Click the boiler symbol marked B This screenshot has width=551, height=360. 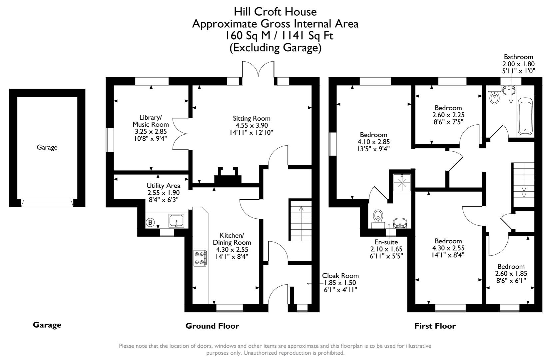[151, 222]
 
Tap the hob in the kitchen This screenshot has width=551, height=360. [201, 258]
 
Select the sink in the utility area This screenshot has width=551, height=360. [176, 221]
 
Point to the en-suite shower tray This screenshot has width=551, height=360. [402, 182]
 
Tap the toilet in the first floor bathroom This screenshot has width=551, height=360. [495, 97]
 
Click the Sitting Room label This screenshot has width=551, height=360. [252, 118]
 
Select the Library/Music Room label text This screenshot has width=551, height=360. [151, 121]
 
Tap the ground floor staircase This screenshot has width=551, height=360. [300, 220]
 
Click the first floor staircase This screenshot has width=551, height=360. [523, 180]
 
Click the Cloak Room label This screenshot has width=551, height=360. [340, 276]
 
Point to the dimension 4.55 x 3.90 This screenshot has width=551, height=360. [252, 125]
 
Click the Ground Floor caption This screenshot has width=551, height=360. [212, 326]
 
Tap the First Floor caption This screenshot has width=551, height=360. [435, 326]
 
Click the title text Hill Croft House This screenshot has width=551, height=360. [275, 12]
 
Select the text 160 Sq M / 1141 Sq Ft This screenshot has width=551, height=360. [278, 35]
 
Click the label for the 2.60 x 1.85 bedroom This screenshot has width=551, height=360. [511, 266]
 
